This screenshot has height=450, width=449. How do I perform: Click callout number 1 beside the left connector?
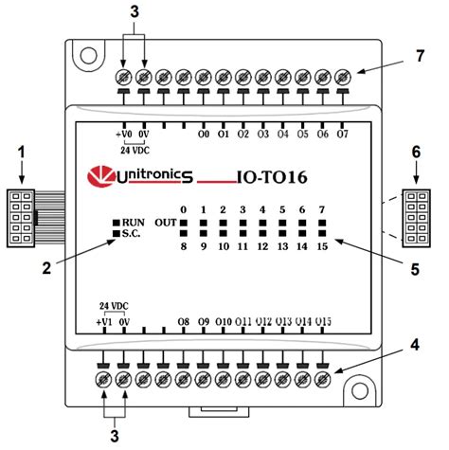tap(24, 152)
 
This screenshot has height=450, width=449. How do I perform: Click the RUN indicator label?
tap(132, 221)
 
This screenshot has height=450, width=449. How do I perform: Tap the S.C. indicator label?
tap(132, 233)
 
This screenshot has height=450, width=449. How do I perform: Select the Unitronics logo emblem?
tap(98, 175)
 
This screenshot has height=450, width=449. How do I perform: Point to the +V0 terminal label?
tap(122, 135)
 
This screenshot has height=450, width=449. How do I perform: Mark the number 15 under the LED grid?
tap(322, 245)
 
